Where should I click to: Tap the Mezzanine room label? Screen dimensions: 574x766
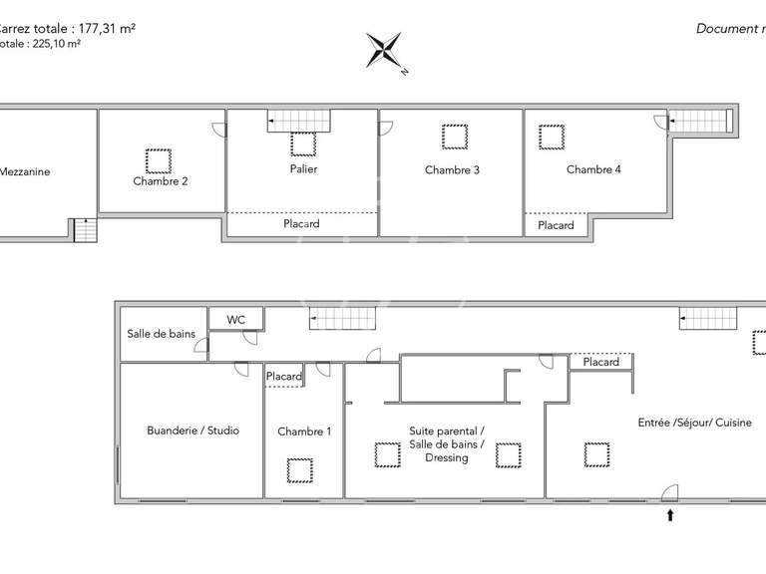pyautogui.click(x=25, y=171)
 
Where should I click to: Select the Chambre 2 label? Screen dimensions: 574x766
pyautogui.click(x=161, y=181)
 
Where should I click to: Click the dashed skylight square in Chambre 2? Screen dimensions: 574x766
pyautogui.click(x=158, y=159)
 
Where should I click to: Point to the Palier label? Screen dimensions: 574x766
pyautogui.click(x=304, y=169)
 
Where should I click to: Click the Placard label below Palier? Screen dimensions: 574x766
pyautogui.click(x=301, y=224)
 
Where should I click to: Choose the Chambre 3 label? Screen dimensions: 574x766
pyautogui.click(x=452, y=170)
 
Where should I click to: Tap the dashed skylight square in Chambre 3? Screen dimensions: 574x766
pyautogui.click(x=455, y=136)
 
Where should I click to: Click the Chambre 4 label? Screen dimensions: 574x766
pyautogui.click(x=593, y=169)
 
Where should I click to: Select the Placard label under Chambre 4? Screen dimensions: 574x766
pyautogui.click(x=556, y=225)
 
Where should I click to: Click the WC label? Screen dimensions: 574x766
pyautogui.click(x=236, y=320)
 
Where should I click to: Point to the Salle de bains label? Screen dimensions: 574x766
pyautogui.click(x=161, y=334)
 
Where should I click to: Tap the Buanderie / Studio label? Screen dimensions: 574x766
pyautogui.click(x=192, y=430)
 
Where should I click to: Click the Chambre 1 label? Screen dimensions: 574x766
pyautogui.click(x=304, y=431)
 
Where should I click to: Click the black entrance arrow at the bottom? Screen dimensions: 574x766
pyautogui.click(x=670, y=515)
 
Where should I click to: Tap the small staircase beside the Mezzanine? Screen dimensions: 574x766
pyautogui.click(x=86, y=230)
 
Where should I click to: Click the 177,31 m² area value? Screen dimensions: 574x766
pyautogui.click(x=103, y=29)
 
